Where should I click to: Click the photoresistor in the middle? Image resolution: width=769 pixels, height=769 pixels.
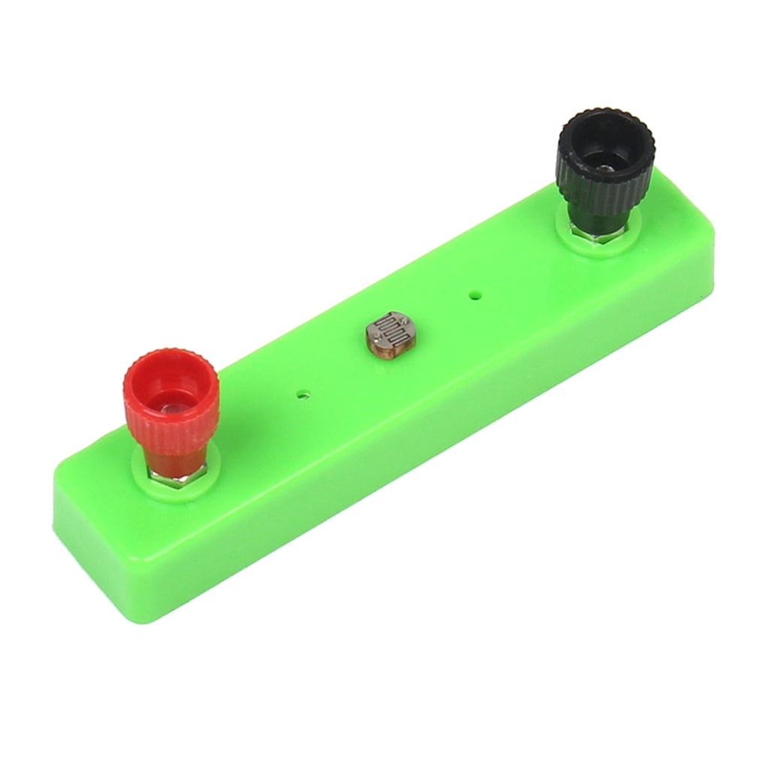click(391, 333)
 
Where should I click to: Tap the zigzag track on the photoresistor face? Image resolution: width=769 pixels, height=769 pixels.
click(389, 328)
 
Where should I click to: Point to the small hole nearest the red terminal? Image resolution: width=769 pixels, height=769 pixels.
click(303, 393)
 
